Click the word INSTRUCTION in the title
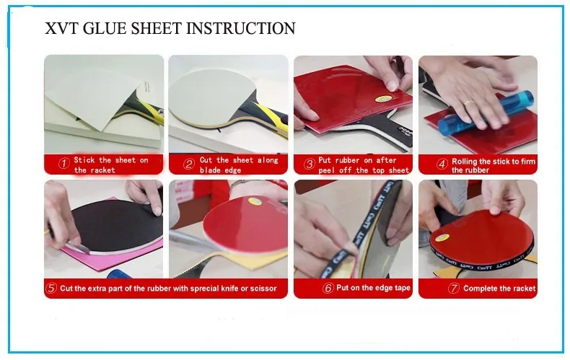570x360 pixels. tap(241, 29)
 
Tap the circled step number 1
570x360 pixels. tap(63, 164)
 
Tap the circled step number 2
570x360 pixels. tap(188, 164)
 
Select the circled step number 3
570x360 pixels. tap(309, 164)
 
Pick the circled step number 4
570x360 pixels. tap(442, 164)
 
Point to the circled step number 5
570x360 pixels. tap(51, 289)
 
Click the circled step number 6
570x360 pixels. tap(328, 289)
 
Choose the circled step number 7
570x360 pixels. tap(453, 289)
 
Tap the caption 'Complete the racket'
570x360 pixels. tap(499, 289)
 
